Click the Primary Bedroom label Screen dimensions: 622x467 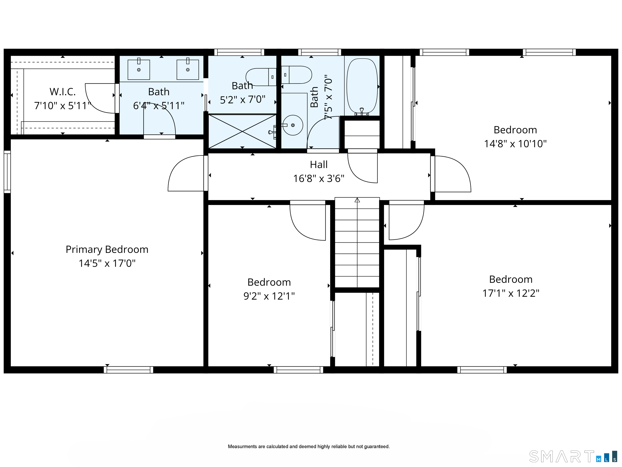click(107, 250)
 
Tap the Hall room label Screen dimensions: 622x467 click(319, 165)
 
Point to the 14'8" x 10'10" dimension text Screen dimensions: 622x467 click(515, 144)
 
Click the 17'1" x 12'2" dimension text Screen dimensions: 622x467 click(511, 293)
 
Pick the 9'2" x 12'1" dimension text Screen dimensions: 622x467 click(269, 296)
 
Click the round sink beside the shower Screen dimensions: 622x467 click(293, 125)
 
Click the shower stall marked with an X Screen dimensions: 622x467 click(242, 131)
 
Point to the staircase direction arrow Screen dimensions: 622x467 click(357, 200)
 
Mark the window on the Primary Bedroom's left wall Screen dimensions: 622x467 click(7, 172)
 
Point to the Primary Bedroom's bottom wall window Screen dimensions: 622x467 click(128, 370)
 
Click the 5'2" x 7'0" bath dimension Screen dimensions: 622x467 click(243, 100)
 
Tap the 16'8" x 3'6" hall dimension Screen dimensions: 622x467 click(319, 179)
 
